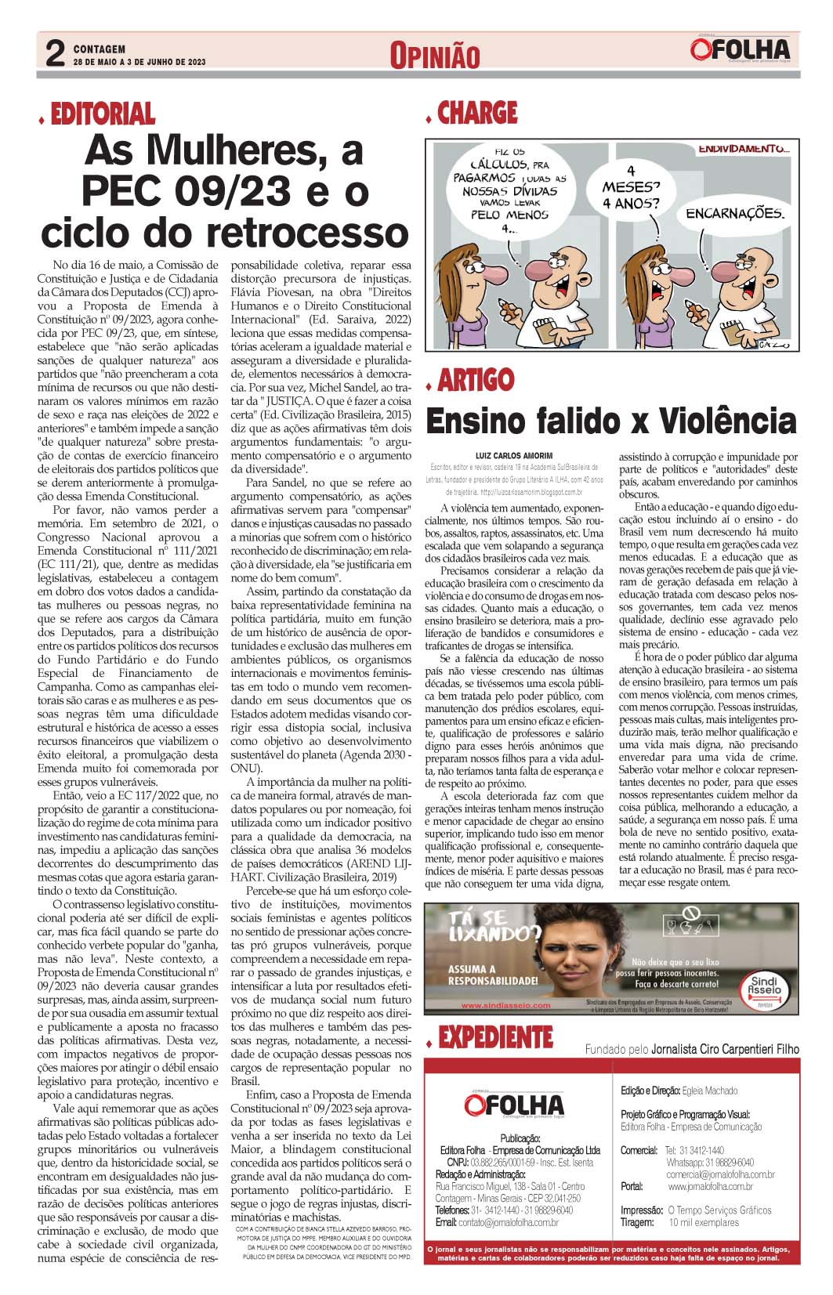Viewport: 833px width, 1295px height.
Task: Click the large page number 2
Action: tap(55, 54)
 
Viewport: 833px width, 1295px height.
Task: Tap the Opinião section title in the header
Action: tap(434, 56)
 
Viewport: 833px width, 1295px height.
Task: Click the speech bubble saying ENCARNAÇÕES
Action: tap(733, 213)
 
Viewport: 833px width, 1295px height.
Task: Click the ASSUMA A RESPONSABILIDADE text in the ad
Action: tap(493, 975)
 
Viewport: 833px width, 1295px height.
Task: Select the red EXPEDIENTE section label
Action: tap(495, 1038)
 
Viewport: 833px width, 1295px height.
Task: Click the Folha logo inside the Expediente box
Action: tap(513, 1105)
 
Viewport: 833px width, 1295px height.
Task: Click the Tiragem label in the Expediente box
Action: tap(637, 1222)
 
